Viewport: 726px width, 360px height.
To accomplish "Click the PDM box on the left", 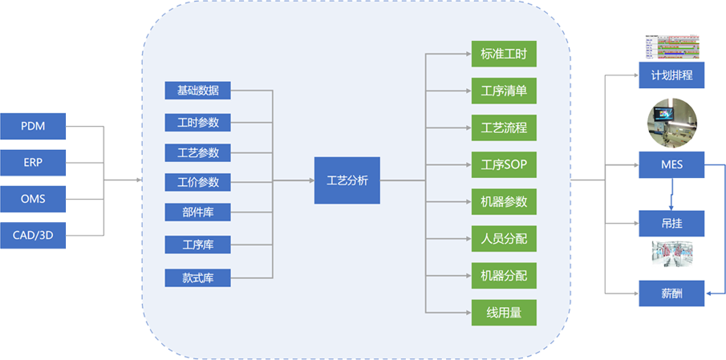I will (33, 126).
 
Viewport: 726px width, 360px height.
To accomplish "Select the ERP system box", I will (33, 162).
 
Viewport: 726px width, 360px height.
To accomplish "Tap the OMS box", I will (33, 198).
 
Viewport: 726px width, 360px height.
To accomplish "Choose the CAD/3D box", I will (33, 235).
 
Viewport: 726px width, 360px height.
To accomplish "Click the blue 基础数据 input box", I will (197, 90).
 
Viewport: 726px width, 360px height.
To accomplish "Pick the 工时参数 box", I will (197, 122).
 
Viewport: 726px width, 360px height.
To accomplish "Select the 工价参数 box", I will (197, 183).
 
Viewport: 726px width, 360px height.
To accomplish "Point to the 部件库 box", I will (197, 213).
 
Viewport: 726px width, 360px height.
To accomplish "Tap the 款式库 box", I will (197, 277).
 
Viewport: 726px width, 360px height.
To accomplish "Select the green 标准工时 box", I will (503, 55).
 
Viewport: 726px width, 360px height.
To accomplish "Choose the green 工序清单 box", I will (503, 90).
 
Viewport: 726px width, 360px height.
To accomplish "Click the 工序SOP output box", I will (503, 164).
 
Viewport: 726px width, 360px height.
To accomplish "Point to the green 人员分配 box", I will (503, 238).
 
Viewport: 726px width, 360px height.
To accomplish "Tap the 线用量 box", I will (503, 313).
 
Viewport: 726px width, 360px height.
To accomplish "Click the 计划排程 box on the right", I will (672, 75).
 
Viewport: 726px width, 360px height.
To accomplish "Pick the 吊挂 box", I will (672, 223).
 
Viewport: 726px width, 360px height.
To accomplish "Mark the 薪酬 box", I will (672, 293).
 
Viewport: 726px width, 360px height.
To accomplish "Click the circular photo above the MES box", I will (672, 119).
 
